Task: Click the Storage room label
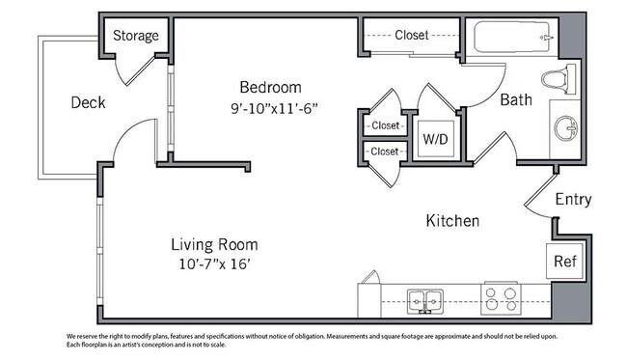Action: coord(136,36)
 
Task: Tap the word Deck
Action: coord(88,103)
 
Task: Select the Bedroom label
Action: coord(270,87)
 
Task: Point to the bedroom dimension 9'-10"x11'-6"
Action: coord(274,108)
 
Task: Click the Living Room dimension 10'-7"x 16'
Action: coord(214,264)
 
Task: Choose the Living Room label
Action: coord(214,244)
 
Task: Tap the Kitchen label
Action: coord(452,221)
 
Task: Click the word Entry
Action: coord(573,199)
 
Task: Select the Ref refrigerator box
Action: coord(564,261)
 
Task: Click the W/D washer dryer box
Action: coord(435,139)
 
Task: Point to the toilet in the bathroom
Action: coord(559,79)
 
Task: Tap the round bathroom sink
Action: coord(565,128)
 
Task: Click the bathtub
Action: coord(512,37)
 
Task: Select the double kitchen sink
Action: coord(425,301)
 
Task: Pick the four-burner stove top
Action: coord(501,299)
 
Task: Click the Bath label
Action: coord(516,99)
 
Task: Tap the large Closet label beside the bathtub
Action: coord(412,35)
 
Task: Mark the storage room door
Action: coord(141,71)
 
